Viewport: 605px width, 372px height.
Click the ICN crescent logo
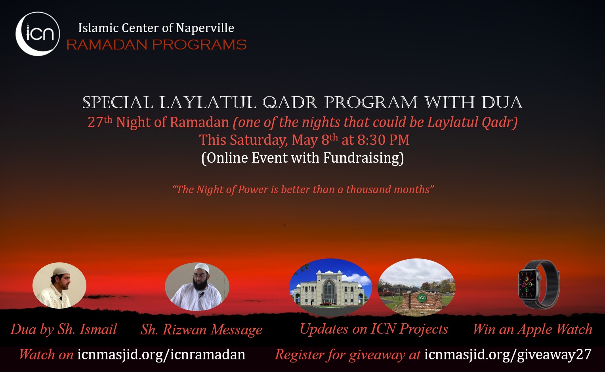[38, 34]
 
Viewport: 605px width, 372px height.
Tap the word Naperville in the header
[205, 28]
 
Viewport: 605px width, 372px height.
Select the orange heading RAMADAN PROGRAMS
[156, 45]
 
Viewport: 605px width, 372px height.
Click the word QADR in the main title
[290, 103]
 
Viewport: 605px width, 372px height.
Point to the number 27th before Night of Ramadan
[100, 122]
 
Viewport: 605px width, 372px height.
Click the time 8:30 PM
[383, 140]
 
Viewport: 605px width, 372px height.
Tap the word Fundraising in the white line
[363, 158]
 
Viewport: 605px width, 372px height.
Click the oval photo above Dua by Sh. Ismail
[59, 285]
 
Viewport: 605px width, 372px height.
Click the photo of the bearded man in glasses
[197, 287]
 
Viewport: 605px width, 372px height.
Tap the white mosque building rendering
[330, 287]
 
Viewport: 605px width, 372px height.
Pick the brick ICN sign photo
[416, 287]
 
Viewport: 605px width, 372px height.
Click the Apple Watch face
[528, 284]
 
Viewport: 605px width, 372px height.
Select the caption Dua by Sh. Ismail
[63, 329]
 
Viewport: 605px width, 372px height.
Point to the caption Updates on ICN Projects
[374, 329]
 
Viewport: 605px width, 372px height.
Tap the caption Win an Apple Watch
[532, 329]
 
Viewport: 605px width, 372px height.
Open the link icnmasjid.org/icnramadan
[161, 355]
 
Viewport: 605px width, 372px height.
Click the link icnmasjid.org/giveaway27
[508, 355]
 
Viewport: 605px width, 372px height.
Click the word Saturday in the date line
[259, 140]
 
